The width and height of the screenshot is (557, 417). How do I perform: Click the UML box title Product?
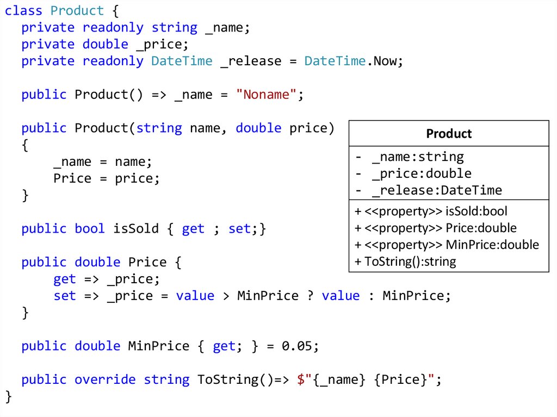[449, 134]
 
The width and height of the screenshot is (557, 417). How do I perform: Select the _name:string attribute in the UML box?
[417, 157]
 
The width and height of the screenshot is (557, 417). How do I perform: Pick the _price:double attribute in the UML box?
[421, 174]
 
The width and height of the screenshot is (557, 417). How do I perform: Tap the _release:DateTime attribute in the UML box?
[436, 191]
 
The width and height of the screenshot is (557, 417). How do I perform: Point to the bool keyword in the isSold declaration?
[90, 229]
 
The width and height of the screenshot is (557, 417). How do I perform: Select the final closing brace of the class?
[8, 396]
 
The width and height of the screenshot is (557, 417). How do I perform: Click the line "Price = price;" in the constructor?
[107, 179]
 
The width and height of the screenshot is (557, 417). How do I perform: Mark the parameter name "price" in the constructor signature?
[308, 128]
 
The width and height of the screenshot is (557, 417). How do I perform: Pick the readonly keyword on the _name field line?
[113, 28]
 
